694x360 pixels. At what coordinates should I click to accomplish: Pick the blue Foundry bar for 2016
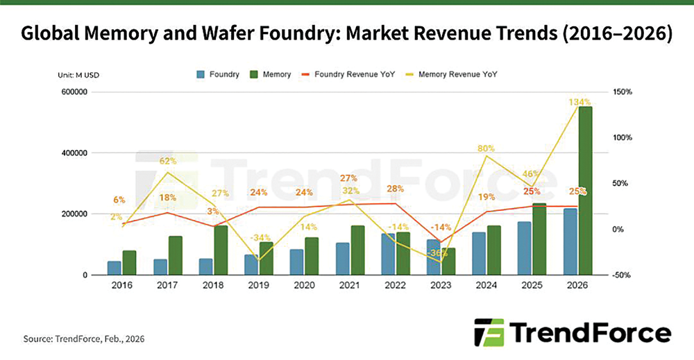[x=114, y=268]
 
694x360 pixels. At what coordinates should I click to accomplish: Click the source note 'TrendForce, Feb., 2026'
[x=85, y=338]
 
